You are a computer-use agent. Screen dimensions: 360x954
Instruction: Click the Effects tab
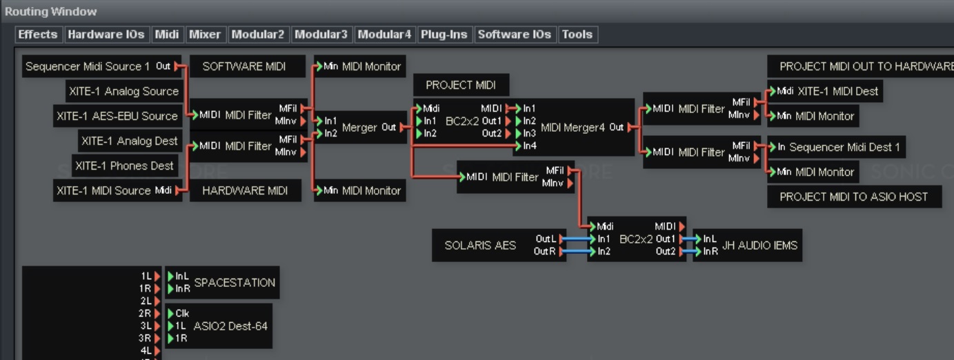point(38,34)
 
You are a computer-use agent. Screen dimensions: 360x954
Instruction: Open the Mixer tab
point(205,34)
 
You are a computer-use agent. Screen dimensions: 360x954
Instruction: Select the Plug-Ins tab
point(444,34)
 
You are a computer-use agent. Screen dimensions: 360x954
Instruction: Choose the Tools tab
point(577,34)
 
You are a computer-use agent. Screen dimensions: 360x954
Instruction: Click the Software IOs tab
point(514,34)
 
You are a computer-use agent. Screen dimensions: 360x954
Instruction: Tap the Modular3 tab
point(321,34)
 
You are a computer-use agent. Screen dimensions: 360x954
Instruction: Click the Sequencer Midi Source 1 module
point(88,66)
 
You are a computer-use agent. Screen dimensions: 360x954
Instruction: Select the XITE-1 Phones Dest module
point(124,166)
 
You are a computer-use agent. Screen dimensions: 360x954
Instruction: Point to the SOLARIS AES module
point(480,245)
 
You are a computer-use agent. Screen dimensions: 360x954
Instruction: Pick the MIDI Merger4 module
point(573,127)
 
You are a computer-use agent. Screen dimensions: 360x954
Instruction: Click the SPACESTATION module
point(235,282)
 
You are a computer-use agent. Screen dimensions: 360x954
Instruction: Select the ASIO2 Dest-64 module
point(230,326)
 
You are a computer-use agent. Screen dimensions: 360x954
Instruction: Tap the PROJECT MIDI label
point(460,85)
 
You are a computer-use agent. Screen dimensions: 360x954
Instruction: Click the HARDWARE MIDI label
point(245,190)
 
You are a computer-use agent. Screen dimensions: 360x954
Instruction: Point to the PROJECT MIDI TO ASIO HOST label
point(853,197)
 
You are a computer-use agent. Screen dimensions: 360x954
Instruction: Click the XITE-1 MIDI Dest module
point(837,91)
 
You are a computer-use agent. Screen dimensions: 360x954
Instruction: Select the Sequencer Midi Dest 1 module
point(844,147)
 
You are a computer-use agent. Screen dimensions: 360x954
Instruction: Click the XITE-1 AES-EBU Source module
point(117,116)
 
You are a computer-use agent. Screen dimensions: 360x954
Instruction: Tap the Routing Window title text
point(51,11)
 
